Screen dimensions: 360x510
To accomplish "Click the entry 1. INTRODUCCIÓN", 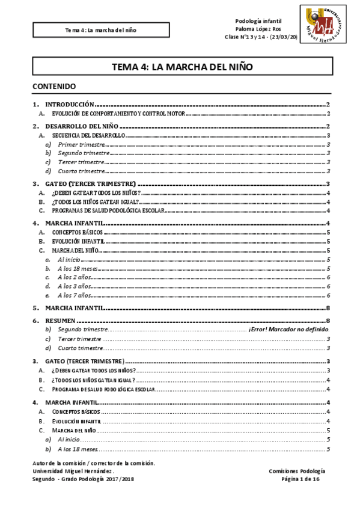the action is [x=70, y=104].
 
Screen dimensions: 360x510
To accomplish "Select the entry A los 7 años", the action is [x=75, y=295].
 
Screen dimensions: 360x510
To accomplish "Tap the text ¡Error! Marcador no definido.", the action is [x=288, y=330].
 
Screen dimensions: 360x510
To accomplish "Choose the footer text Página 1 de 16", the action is [x=304, y=479].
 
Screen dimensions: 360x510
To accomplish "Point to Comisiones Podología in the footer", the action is [x=298, y=472].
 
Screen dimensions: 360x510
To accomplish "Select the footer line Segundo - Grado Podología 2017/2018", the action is [x=84, y=479].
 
